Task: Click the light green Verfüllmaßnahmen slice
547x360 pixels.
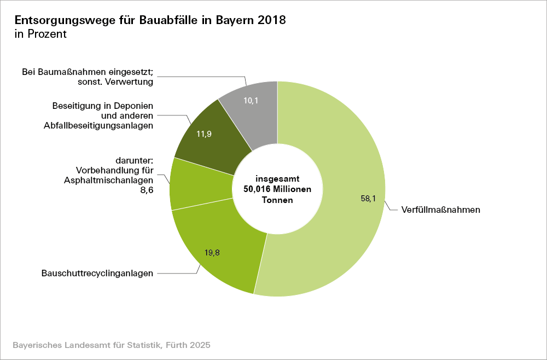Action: [339, 164]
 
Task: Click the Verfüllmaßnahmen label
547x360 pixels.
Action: [440, 210]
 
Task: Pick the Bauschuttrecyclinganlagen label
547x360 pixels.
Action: [97, 272]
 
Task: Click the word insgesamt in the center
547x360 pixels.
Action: [277, 179]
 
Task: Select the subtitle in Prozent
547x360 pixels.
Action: [40, 34]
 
